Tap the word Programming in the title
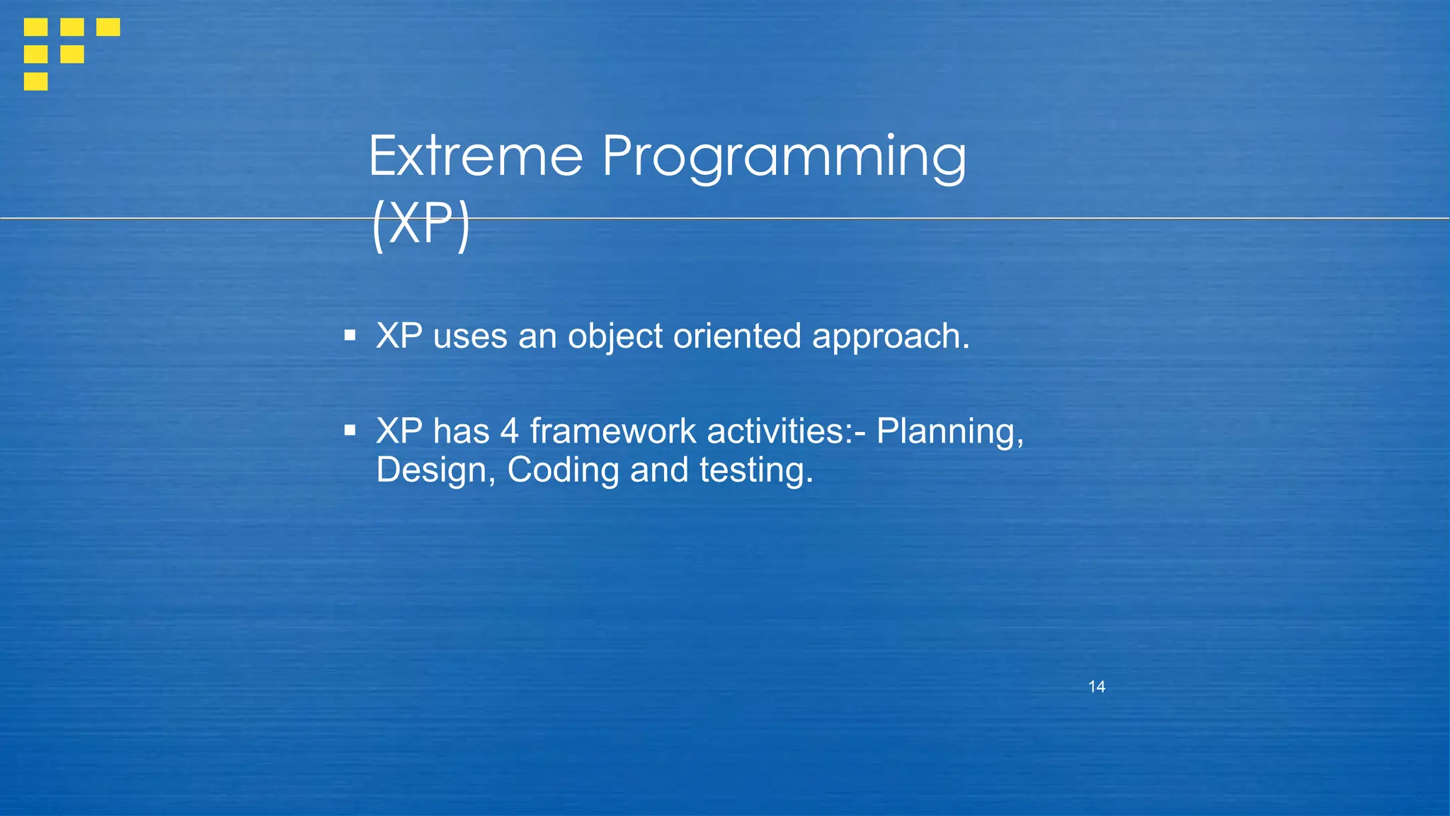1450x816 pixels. pyautogui.click(x=784, y=157)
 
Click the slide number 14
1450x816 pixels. pyautogui.click(x=1096, y=686)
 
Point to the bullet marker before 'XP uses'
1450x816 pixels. pyautogui.click(x=350, y=335)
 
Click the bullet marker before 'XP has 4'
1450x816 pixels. pyautogui.click(x=350, y=430)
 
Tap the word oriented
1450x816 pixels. pyautogui.click(x=736, y=336)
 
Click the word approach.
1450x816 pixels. pyautogui.click(x=890, y=336)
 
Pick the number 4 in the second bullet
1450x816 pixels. pyautogui.click(x=509, y=431)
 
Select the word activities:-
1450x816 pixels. pyautogui.click(x=786, y=431)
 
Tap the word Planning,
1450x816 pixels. pyautogui.click(x=949, y=432)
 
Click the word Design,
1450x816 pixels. pyautogui.click(x=435, y=470)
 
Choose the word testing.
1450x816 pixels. pyautogui.click(x=756, y=470)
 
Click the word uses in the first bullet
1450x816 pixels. pyautogui.click(x=470, y=336)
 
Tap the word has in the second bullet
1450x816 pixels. pyautogui.click(x=461, y=431)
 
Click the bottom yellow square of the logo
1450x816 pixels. pyautogui.click(x=35, y=81)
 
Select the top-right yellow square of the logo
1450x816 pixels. pyautogui.click(x=108, y=27)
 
